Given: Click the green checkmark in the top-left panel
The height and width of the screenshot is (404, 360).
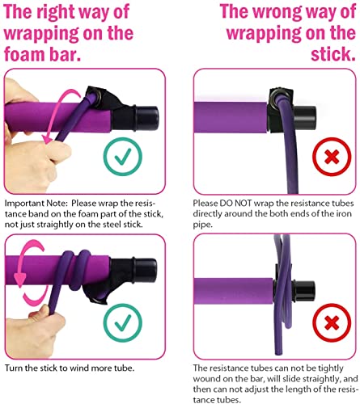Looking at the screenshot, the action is click(123, 157).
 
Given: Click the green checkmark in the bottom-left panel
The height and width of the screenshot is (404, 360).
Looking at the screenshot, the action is click(123, 322).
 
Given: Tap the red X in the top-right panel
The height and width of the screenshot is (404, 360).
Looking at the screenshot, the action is click(332, 157).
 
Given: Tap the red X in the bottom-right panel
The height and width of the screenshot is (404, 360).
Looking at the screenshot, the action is click(332, 323).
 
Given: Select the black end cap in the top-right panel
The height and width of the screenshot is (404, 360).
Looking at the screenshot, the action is click(305, 118).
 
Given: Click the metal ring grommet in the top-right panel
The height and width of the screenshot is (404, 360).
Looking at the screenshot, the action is click(277, 96).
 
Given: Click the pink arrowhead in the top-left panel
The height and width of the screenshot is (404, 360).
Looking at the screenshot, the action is click(48, 139).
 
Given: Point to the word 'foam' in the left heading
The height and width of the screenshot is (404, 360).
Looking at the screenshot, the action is click(24, 53).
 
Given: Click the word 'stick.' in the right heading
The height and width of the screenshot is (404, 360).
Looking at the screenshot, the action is click(333, 53).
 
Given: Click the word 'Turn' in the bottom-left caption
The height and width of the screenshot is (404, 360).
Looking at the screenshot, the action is click(14, 368).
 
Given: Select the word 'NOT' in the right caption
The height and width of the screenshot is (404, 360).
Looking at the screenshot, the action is click(242, 204).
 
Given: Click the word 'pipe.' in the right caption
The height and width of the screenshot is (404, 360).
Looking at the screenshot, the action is click(202, 225).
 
